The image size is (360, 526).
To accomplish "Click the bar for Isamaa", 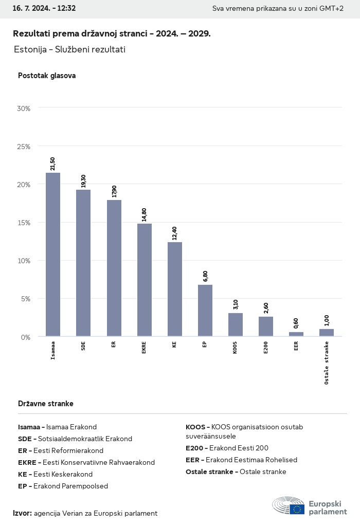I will pos(53,255).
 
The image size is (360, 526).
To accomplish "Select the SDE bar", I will pos(83,263).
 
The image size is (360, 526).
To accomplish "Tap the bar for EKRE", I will pos(144,280).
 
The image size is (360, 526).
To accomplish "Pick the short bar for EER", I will pos(296,334).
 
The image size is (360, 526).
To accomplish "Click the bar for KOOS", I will pos(236,324).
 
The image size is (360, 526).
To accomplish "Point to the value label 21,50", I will pos(53,164).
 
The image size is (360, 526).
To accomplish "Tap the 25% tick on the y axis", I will pos(24,147).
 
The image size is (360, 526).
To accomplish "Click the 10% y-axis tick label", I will pos(24,261).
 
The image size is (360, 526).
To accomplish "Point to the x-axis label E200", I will pos(266,347).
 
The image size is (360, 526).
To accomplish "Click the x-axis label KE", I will pos(175,344).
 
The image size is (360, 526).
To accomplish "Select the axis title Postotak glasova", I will pos(47,76).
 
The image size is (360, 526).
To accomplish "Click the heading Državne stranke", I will pos(46,404).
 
